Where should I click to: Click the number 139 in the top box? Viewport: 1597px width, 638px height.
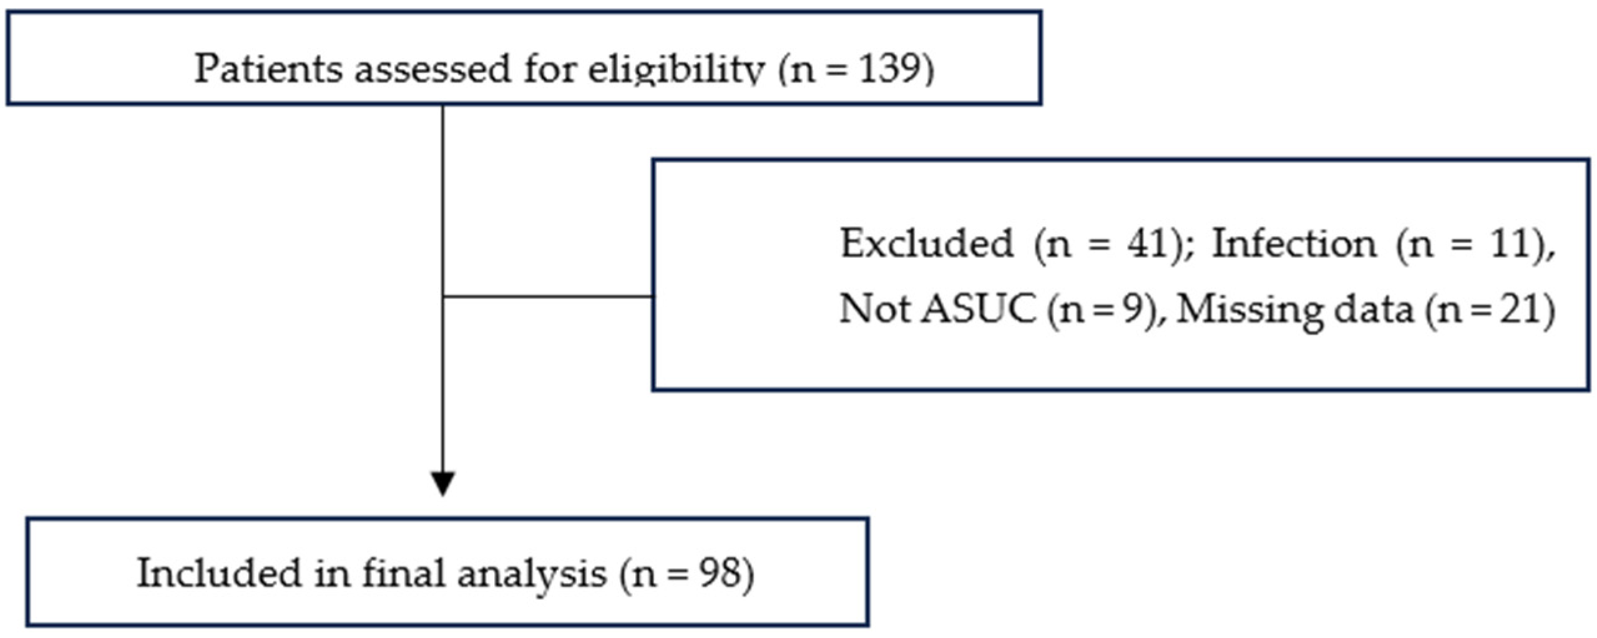click(887, 68)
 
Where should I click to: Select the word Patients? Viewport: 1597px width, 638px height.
click(268, 68)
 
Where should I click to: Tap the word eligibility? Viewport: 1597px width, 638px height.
click(676, 70)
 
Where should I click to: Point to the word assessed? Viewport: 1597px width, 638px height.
click(432, 70)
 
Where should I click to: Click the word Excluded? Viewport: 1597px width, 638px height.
click(926, 243)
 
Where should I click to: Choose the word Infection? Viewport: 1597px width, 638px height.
click(1294, 243)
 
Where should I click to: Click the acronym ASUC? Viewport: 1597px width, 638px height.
click(979, 309)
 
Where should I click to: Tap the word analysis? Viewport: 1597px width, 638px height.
click(532, 575)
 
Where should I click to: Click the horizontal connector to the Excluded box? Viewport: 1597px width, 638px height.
click(547, 296)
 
